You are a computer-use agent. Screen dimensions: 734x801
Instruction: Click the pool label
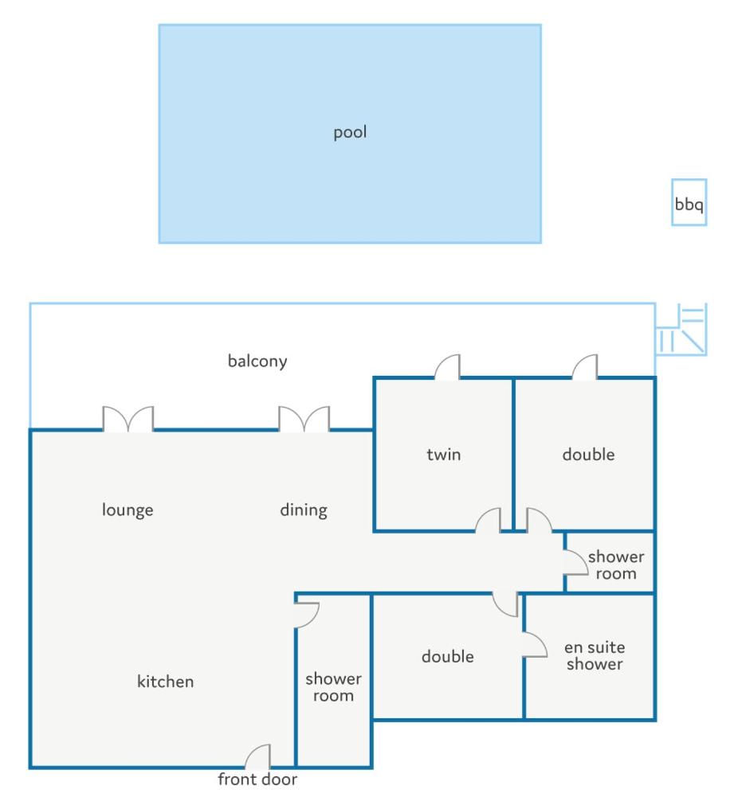(x=350, y=132)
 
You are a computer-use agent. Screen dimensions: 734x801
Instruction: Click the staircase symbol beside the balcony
(x=681, y=329)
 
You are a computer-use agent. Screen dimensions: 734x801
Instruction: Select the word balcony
(x=257, y=361)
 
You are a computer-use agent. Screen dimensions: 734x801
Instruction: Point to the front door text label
(x=257, y=779)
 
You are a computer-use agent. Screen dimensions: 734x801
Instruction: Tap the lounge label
(x=128, y=510)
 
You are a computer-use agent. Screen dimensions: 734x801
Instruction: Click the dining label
(x=304, y=510)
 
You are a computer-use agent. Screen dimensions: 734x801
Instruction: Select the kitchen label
(x=166, y=681)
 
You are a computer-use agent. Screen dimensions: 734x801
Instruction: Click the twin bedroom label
(x=444, y=454)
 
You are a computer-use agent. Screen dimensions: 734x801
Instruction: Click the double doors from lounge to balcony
(x=128, y=419)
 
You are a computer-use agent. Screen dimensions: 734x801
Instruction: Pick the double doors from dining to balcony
(x=304, y=419)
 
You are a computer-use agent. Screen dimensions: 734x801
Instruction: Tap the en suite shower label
(x=595, y=655)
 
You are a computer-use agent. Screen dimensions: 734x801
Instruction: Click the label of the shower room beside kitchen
(x=333, y=687)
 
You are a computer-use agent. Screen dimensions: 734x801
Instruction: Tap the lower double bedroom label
(x=448, y=656)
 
